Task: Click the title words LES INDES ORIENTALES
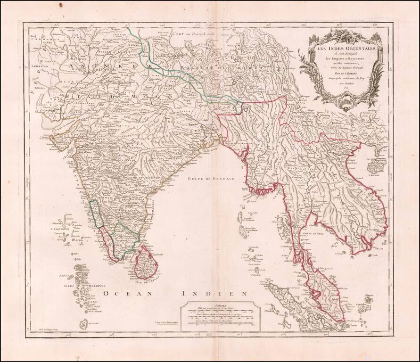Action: [x=344, y=49]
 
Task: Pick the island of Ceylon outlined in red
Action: [x=145, y=264]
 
